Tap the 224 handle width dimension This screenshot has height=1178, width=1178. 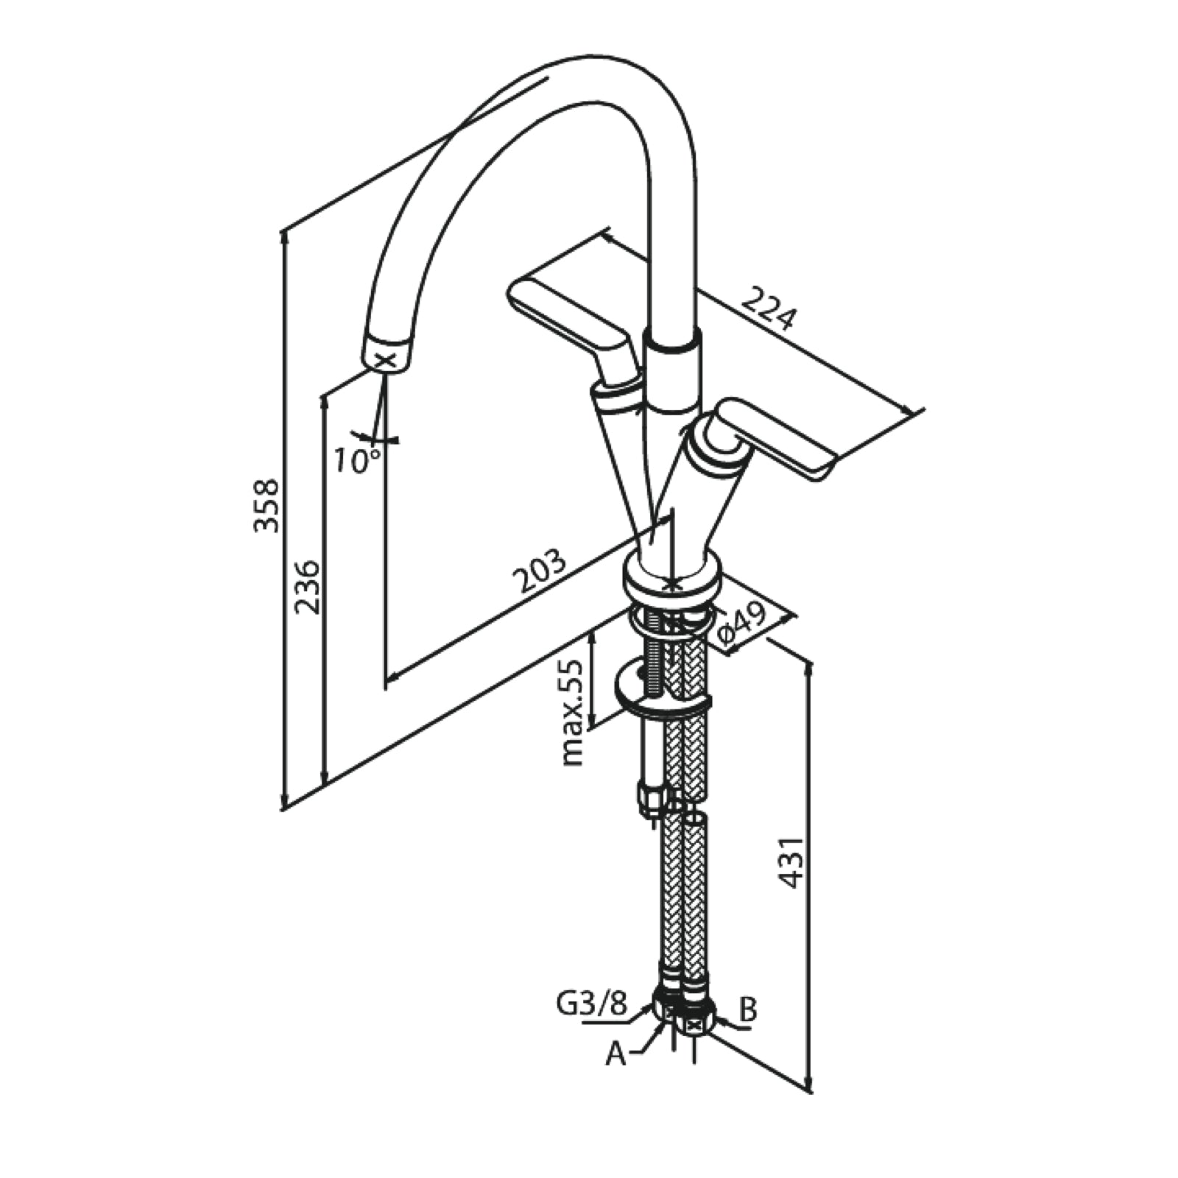(769, 308)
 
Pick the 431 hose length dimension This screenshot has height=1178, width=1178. (790, 861)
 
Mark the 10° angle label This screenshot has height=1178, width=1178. (356, 461)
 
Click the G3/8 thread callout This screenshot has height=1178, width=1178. (591, 1005)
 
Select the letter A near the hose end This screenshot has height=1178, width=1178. (616, 1055)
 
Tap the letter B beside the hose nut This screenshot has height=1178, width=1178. (747, 1010)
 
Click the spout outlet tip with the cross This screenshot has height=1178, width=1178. (387, 359)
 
